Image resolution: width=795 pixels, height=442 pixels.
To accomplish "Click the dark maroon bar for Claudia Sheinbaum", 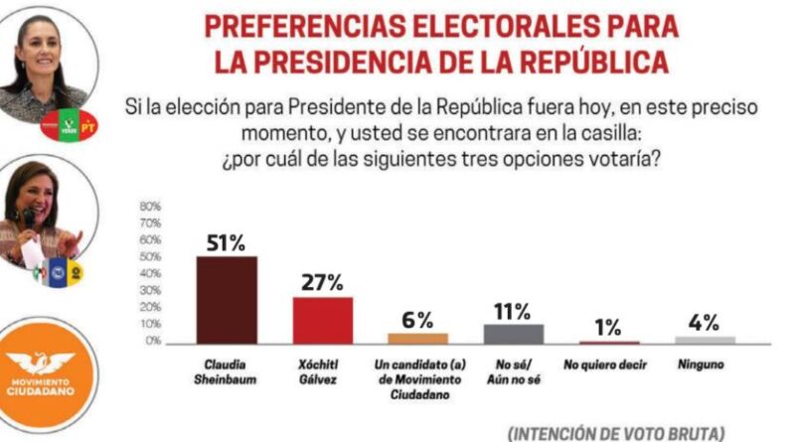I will (227, 300).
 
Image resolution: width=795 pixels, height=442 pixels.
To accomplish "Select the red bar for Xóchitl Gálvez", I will (323, 320).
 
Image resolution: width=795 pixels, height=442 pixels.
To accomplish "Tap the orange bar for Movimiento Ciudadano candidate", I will (418, 338).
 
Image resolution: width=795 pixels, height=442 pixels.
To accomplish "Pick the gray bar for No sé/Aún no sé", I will (514, 334).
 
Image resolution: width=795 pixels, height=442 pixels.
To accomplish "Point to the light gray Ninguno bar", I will (705, 340).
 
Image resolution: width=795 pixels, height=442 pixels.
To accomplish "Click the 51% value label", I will (227, 242).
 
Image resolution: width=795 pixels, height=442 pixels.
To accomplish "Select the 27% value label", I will (323, 283).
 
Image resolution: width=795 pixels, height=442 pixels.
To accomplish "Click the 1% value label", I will (609, 327).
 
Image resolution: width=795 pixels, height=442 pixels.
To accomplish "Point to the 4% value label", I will (705, 322).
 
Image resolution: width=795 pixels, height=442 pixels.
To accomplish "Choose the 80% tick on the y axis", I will (152, 207).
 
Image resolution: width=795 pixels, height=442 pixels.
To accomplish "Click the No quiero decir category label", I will (609, 365).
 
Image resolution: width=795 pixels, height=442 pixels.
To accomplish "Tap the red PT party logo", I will (88, 126).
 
